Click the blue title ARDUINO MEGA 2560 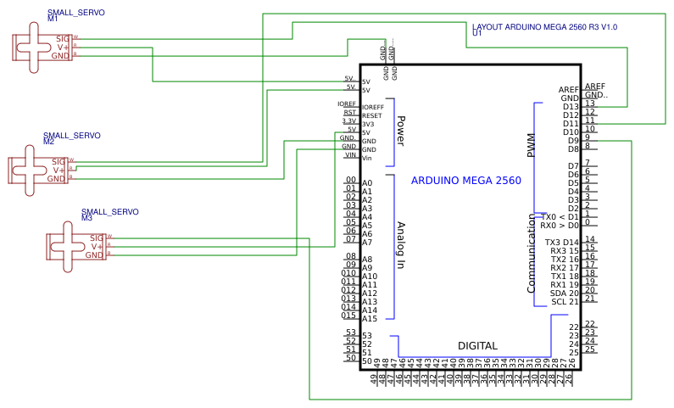pyautogui.click(x=465, y=181)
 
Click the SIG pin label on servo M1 pyautogui.click(x=62, y=38)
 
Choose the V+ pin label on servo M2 pyautogui.click(x=59, y=170)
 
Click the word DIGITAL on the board pyautogui.click(x=477, y=346)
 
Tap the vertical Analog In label pyautogui.click(x=401, y=245)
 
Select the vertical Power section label pyautogui.click(x=401, y=131)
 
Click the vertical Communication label pyautogui.click(x=532, y=253)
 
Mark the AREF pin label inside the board pyautogui.click(x=568, y=90)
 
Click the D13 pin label pyautogui.click(x=570, y=106)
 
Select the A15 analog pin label pyautogui.click(x=370, y=319)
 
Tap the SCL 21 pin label pyautogui.click(x=564, y=301)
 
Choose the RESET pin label pyautogui.click(x=371, y=115)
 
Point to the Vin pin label pyautogui.click(x=367, y=158)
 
